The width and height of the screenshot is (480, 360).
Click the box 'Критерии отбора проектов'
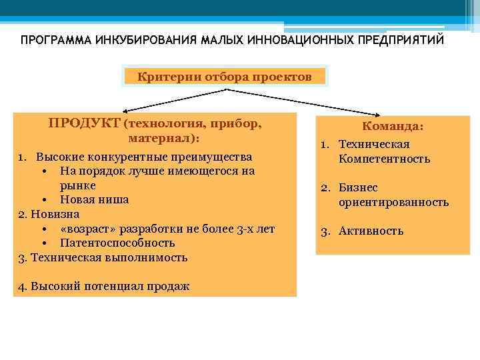coord(224,77)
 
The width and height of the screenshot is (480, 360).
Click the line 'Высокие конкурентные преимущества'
coord(143,157)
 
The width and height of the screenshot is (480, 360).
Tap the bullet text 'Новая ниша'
coord(94,199)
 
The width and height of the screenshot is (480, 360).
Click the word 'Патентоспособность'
coord(117,243)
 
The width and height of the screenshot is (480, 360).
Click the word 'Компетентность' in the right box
coord(384,159)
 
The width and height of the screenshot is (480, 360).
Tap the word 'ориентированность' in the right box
coord(393,202)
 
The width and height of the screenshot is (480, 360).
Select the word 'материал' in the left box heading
coord(161,139)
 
